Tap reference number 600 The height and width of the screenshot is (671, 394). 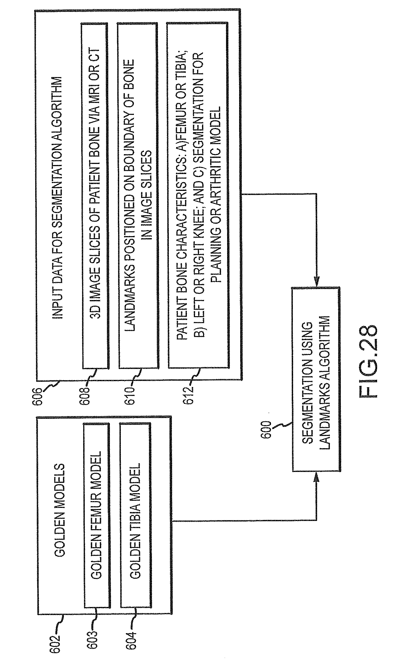[267, 429]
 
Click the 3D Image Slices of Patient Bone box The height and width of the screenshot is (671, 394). [95, 196]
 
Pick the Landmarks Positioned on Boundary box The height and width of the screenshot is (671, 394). [138, 196]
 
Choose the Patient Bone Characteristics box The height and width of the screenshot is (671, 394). [198, 196]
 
